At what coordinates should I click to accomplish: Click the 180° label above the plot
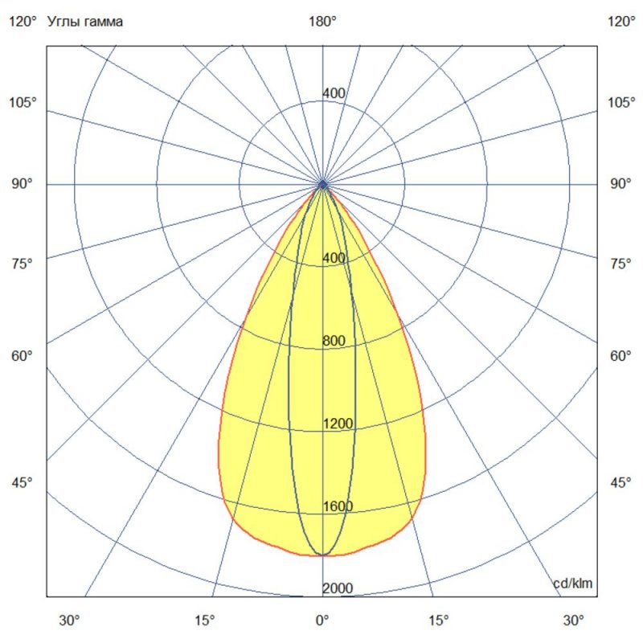point(322,22)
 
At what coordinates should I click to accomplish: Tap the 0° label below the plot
point(322,620)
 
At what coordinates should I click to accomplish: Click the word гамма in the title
point(104,22)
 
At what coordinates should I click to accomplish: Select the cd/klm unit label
point(573,584)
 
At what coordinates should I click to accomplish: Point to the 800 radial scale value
point(334,341)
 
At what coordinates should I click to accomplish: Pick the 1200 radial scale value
point(338,424)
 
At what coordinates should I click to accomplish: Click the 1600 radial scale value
point(338,506)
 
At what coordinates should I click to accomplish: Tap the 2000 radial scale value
point(338,589)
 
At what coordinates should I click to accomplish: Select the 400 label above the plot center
point(334,94)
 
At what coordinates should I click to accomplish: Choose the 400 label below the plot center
point(334,258)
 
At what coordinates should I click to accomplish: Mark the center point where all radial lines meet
point(322,185)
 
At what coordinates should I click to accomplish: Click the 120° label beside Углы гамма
point(23,22)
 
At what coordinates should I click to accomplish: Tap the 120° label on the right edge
point(620,22)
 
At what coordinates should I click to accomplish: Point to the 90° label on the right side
point(620,184)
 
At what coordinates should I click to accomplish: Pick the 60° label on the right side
point(620,356)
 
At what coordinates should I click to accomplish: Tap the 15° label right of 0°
point(439,620)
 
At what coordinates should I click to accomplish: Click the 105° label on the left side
point(23,102)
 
